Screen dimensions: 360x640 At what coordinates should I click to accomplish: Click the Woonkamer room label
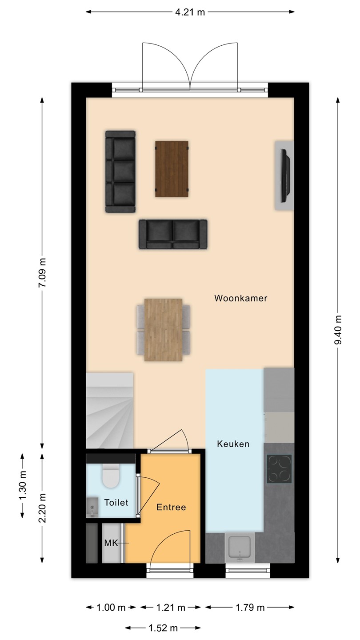(241, 298)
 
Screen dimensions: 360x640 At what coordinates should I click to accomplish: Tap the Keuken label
(233, 444)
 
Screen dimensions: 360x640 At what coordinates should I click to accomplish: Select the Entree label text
(171, 507)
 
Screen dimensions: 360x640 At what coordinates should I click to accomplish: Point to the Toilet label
(116, 503)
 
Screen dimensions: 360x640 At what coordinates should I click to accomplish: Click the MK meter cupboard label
(111, 543)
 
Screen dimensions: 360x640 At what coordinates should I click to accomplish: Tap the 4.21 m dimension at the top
(190, 12)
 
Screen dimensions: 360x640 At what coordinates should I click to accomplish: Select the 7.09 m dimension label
(42, 272)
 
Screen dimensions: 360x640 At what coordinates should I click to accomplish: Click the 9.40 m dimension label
(338, 330)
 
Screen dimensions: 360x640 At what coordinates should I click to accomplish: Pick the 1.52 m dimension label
(163, 628)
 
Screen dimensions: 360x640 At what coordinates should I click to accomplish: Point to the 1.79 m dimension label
(250, 608)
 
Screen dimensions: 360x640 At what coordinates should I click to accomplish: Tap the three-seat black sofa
(120, 172)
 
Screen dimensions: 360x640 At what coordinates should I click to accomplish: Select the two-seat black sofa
(173, 234)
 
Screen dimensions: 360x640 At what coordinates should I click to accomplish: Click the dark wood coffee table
(172, 169)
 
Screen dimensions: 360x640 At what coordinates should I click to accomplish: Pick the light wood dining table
(164, 330)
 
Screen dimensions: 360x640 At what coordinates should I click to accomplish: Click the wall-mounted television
(285, 176)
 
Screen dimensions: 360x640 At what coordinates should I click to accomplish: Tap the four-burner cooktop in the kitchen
(279, 469)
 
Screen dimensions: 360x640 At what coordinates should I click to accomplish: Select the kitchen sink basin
(239, 547)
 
